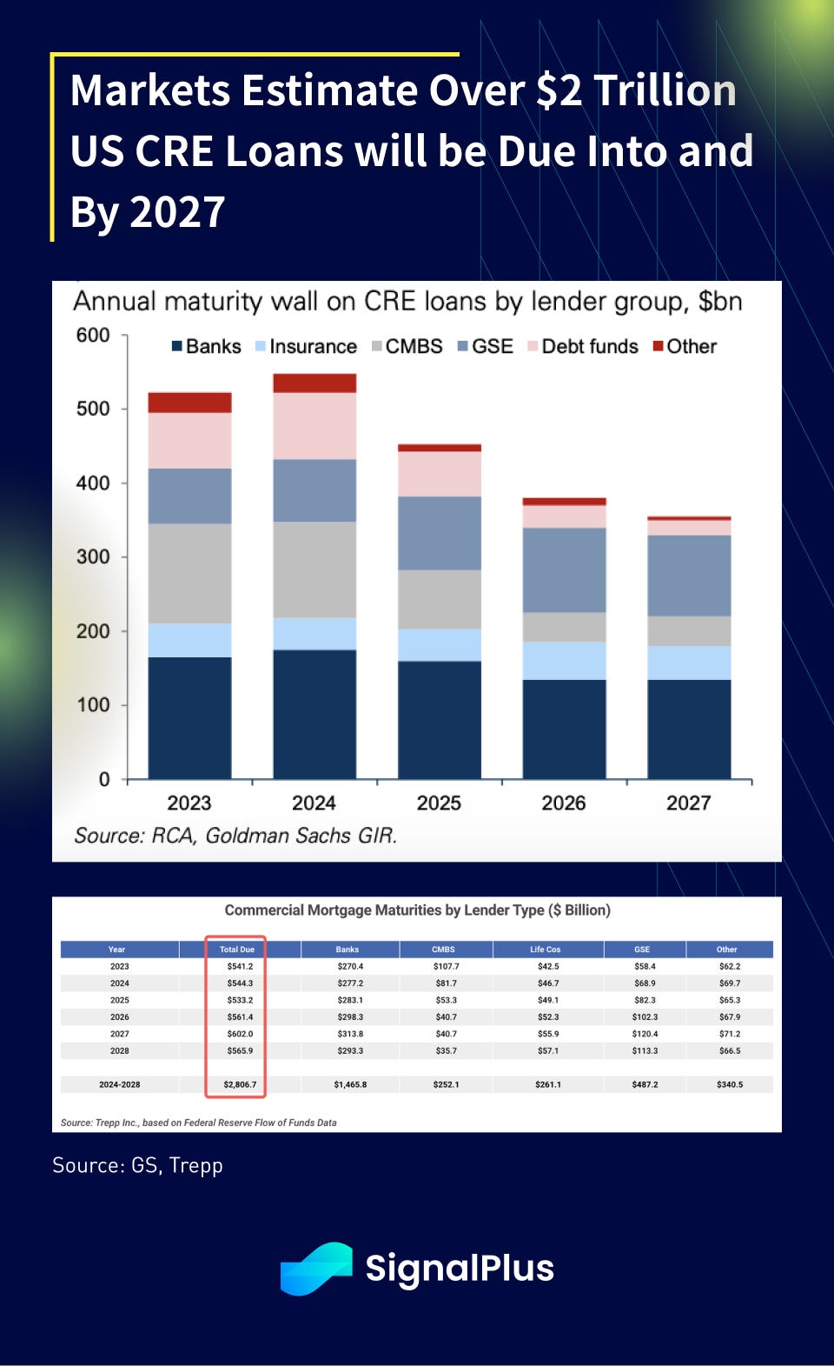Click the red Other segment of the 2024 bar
[314, 383]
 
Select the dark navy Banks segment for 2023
[189, 717]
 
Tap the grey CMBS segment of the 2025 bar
[440, 599]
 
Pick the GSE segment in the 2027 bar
[689, 575]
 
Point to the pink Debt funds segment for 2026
[564, 516]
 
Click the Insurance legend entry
[306, 346]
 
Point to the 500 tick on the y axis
[93, 409]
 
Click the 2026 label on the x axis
[564, 803]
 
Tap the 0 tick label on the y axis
[104, 779]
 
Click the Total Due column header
[236, 950]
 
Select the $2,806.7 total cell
[240, 1084]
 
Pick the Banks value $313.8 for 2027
[350, 1034]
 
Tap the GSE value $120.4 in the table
[645, 1034]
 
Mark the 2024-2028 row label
[119, 1084]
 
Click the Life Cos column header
[546, 950]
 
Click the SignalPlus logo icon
[315, 1268]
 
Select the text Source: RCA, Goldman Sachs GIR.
[235, 836]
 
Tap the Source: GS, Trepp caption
[137, 1165]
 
